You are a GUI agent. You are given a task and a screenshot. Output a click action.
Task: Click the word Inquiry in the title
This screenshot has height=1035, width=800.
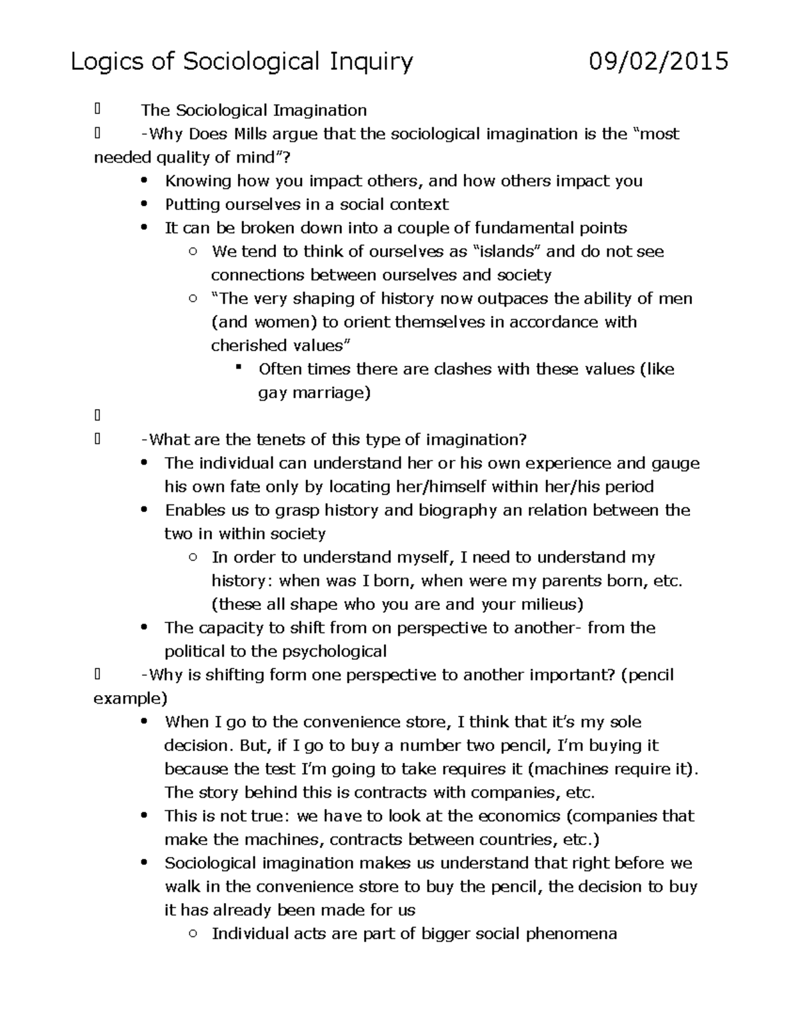pos(369,62)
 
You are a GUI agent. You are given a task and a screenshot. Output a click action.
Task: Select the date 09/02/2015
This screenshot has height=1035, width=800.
pos(658,62)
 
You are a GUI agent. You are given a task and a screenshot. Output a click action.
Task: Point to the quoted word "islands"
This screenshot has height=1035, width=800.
pos(506,251)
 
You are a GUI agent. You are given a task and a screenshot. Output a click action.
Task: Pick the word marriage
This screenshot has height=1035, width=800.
pos(331,393)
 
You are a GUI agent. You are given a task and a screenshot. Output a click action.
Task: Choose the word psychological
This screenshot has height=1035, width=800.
pos(335,651)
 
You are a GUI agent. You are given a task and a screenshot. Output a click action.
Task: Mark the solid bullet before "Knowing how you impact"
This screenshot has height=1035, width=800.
pos(144,181)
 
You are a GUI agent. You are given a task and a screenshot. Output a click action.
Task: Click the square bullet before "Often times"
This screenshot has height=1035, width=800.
pos(238,369)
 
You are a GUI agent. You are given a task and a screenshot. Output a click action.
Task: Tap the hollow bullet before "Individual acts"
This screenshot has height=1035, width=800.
pos(192,934)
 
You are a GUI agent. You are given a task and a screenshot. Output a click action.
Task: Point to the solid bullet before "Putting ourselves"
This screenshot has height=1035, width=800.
pos(144,205)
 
